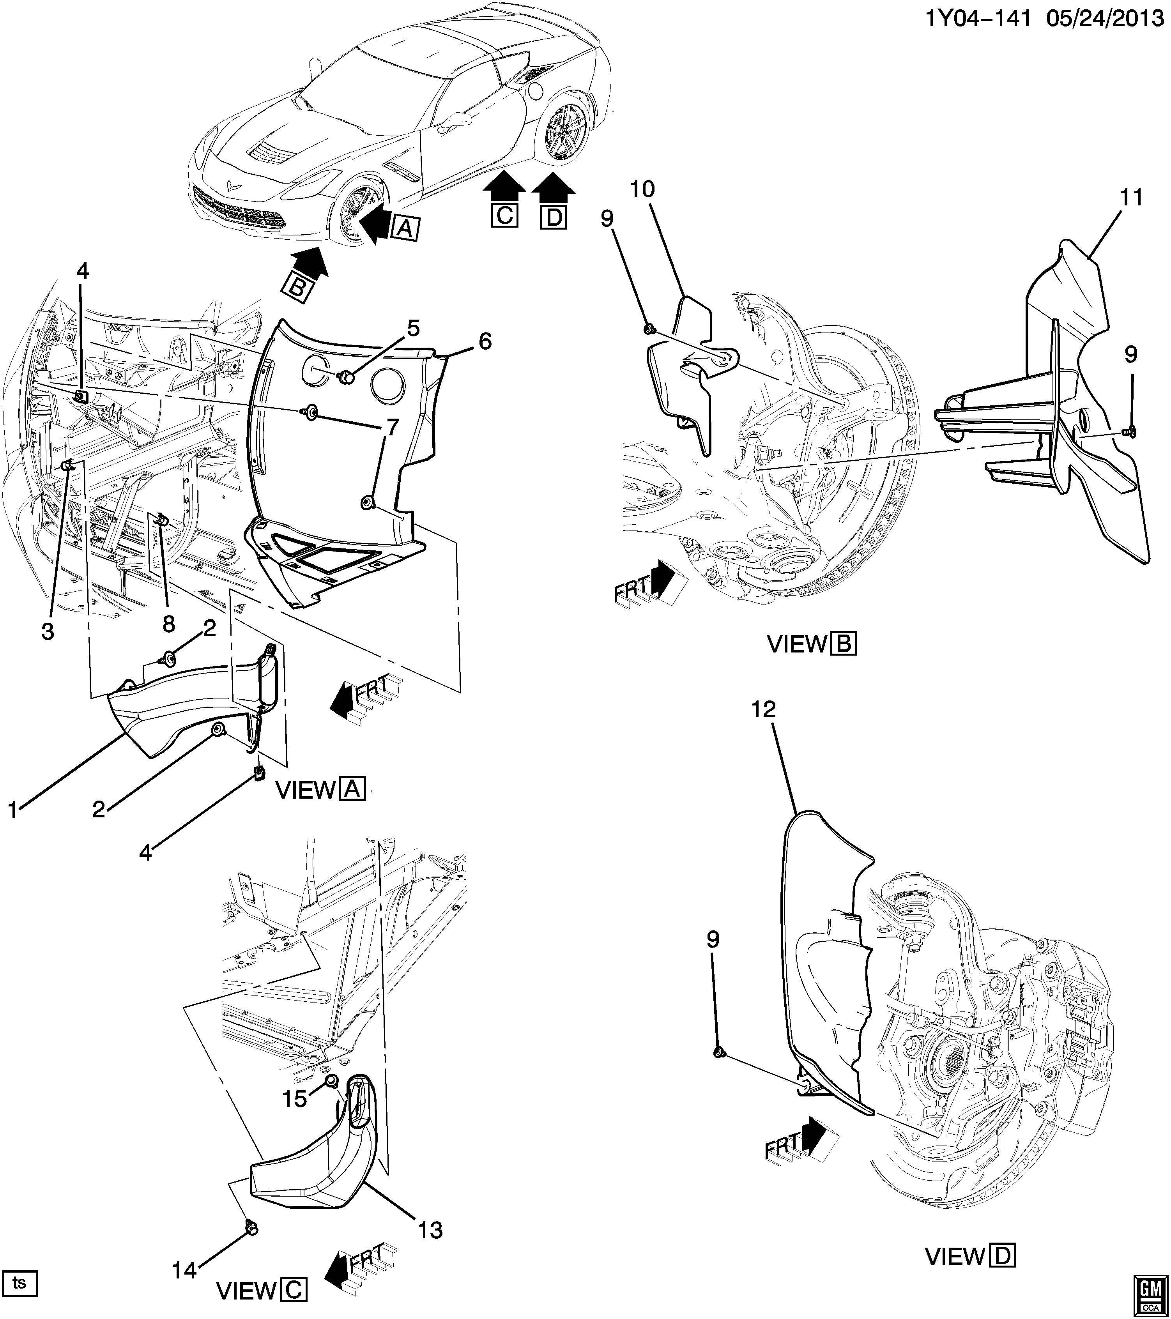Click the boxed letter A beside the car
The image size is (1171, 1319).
coord(406,227)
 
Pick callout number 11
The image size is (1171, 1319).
coord(1131,198)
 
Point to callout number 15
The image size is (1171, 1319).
coord(295,1098)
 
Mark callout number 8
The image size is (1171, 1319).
coord(168,623)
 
